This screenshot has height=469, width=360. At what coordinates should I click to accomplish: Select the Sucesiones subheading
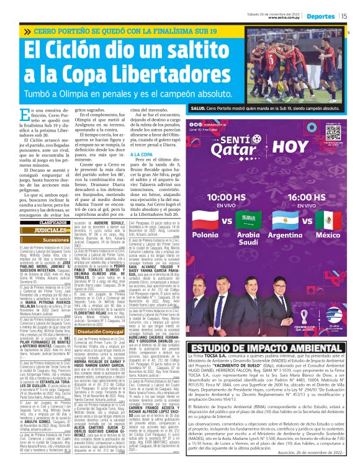56,239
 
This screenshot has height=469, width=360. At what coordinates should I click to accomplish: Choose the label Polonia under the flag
205,236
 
